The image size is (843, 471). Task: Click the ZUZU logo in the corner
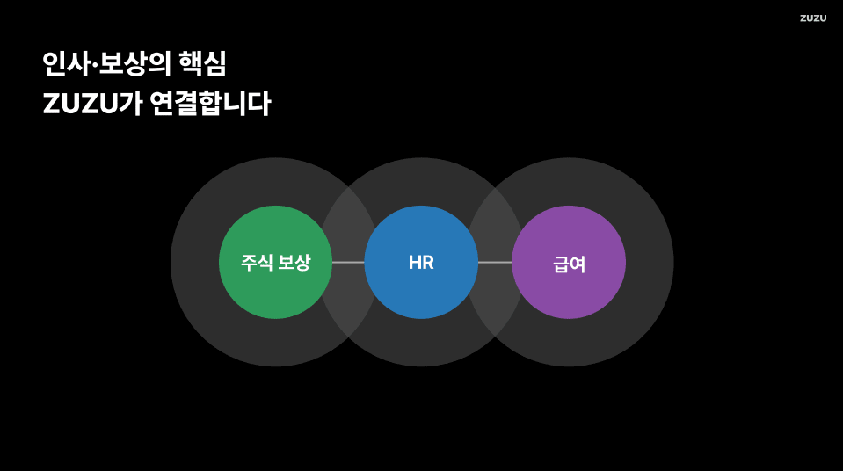pos(812,18)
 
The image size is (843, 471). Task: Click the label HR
pos(421,262)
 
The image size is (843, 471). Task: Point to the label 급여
pos(569,264)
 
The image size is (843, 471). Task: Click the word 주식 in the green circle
pos(256,262)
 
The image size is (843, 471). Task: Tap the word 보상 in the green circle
pos(294,262)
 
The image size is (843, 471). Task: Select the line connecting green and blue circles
pos(348,262)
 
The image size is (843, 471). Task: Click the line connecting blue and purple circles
pos(495,262)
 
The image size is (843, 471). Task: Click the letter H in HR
pos(414,262)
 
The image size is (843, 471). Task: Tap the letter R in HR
pos(428,262)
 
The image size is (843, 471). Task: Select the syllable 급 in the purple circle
pos(560,264)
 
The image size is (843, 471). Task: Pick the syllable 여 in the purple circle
pos(578,264)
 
